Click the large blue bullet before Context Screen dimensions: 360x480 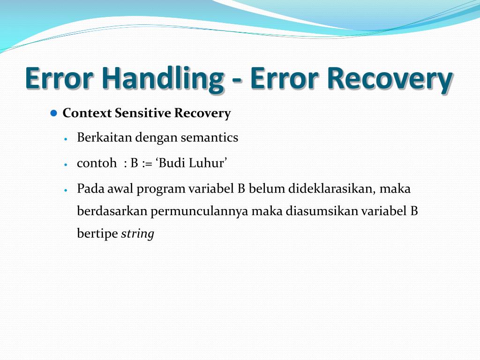point(53,113)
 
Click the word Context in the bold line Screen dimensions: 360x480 point(87,113)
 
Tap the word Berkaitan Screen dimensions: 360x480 point(104,138)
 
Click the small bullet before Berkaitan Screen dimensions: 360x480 point(67,139)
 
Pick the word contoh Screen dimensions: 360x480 point(97,163)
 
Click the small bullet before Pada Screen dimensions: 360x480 point(67,190)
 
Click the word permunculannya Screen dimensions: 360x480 point(200,212)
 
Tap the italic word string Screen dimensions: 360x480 point(137,234)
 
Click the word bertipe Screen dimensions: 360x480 point(97,234)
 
